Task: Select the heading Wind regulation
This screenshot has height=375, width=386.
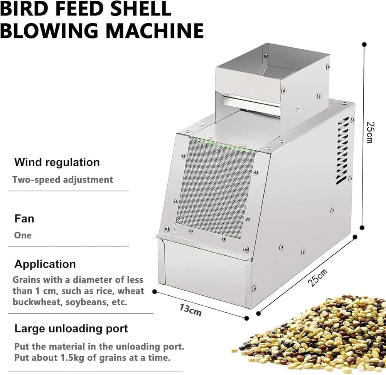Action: point(57,162)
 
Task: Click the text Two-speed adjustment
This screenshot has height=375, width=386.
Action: point(63,180)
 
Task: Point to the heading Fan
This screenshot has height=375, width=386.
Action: point(24,218)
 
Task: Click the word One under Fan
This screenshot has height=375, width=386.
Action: point(23,235)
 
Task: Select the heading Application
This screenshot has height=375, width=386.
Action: point(45,265)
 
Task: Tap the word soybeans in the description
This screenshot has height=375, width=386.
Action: point(87,302)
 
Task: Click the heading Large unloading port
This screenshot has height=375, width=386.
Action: point(71,329)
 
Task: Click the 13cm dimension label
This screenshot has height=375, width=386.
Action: point(190,310)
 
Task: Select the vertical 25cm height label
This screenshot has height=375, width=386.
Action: point(370,132)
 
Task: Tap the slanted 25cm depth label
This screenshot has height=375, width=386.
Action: point(318,278)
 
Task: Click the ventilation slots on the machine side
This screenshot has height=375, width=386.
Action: point(343,151)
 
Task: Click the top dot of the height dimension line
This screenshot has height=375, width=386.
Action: point(364,45)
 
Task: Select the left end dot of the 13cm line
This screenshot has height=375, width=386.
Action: point(155,292)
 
